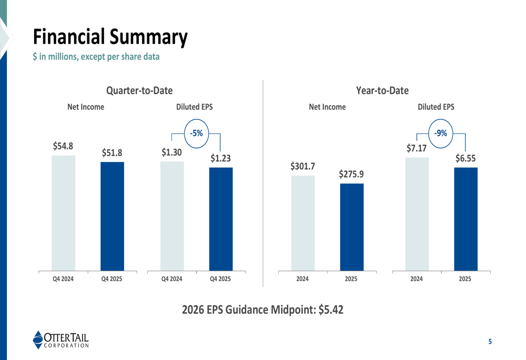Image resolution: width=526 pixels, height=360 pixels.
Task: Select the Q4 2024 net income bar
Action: [63, 213]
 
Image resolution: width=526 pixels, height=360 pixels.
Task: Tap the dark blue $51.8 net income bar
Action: [112, 216]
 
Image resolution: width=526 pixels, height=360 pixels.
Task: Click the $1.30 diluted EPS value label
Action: [172, 152]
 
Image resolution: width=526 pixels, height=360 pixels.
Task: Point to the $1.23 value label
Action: [221, 158]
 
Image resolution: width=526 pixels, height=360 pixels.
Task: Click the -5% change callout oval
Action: [196, 133]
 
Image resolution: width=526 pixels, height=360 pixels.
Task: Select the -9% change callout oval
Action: [440, 133]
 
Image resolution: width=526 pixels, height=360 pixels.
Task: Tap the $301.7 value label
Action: [302, 167]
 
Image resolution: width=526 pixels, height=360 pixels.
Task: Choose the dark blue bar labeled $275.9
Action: [351, 227]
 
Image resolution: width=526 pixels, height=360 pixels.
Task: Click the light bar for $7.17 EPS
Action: [417, 214]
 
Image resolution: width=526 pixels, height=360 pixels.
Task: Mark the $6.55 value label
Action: [466, 158]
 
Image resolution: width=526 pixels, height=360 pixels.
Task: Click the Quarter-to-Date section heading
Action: [139, 91]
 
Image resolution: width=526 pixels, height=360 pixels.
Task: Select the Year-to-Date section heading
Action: [382, 91]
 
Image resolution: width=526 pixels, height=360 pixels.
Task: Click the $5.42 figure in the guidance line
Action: [331, 310]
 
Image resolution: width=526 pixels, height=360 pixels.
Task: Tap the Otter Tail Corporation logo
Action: [60, 340]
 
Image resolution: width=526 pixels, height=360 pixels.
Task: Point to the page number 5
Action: [490, 342]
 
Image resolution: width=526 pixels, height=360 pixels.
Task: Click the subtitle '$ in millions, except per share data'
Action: [96, 57]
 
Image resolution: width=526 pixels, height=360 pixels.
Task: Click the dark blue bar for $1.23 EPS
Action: [221, 219]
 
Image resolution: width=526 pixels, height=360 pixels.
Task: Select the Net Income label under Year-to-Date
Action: [327, 107]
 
